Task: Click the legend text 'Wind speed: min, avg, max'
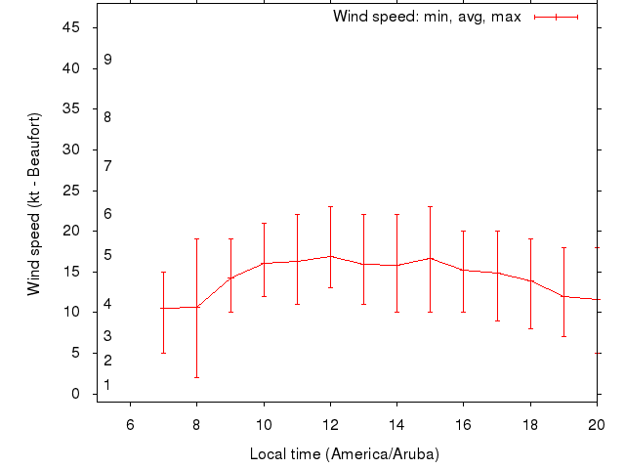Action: coord(427,17)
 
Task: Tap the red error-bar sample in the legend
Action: coord(557,17)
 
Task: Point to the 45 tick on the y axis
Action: coord(71,27)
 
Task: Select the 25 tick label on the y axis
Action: coord(71,191)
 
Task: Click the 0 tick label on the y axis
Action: coord(75,394)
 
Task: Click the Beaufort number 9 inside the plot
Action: coord(107,60)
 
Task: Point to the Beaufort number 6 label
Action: coord(107,214)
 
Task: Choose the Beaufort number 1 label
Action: coord(107,385)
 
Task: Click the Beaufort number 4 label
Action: coord(107,305)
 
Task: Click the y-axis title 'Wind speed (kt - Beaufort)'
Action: coord(34,203)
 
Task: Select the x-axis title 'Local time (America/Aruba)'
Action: coord(345,454)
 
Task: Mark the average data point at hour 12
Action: coord(330,256)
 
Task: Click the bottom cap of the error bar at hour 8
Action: coord(196,377)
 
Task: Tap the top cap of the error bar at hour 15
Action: coord(430,206)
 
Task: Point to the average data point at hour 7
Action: coord(163,308)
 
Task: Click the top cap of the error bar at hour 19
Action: coord(563,247)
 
